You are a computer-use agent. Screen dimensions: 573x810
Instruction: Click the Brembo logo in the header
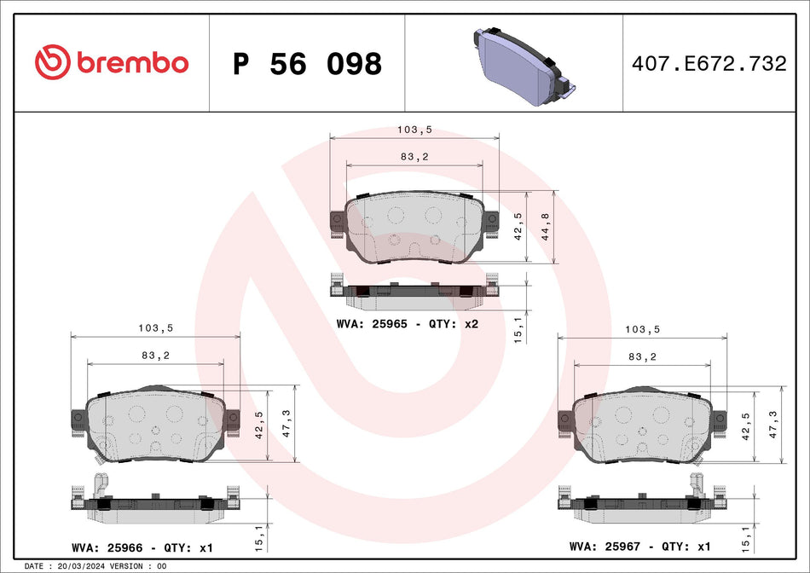111,62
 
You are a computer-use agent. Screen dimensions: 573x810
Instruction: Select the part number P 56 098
307,64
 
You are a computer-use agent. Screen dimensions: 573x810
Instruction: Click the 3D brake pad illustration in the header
519,67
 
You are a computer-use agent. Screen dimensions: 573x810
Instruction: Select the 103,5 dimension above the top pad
414,130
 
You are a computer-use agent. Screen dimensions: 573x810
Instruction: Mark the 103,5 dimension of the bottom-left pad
155,328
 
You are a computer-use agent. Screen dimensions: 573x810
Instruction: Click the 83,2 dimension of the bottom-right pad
641,356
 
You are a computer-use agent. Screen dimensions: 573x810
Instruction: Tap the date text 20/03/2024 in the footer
82,566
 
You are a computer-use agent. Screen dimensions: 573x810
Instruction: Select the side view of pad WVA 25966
153,508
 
